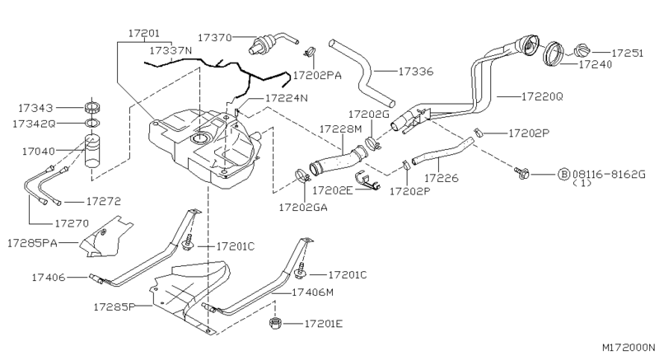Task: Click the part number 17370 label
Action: point(215,37)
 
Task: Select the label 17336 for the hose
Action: point(416,72)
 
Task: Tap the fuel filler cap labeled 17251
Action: point(582,52)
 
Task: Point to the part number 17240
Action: point(595,63)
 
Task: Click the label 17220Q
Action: point(542,96)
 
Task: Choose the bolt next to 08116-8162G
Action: point(521,173)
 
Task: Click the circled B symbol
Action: point(563,174)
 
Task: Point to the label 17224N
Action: point(286,98)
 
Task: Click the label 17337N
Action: point(171,50)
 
